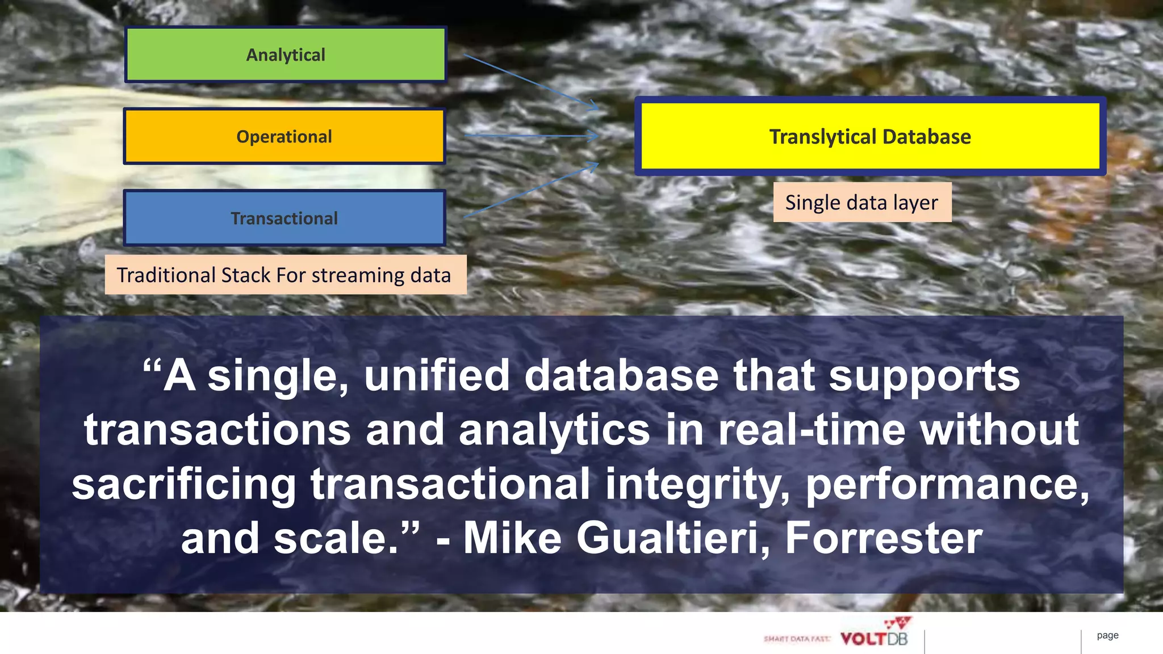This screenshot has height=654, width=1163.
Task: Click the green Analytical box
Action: (x=286, y=54)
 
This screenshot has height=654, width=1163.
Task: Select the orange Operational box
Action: (x=284, y=136)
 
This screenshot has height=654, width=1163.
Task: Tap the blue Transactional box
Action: (x=284, y=218)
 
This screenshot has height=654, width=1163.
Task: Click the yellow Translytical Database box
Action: (x=870, y=136)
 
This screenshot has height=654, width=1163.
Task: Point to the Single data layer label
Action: (x=861, y=202)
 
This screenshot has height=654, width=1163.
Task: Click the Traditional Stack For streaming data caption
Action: (x=284, y=275)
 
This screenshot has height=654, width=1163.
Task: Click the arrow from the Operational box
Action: (x=531, y=136)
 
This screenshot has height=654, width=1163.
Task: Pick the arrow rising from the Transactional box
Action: (x=531, y=190)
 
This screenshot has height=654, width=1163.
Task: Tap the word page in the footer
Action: (x=1107, y=635)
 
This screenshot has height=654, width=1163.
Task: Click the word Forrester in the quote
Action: (x=884, y=538)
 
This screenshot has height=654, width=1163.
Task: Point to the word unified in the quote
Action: (x=437, y=375)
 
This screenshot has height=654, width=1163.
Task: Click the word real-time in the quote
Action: (x=811, y=430)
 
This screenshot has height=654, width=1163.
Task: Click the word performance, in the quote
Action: (x=947, y=484)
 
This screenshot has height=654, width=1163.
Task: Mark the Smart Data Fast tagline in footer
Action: (x=797, y=639)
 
